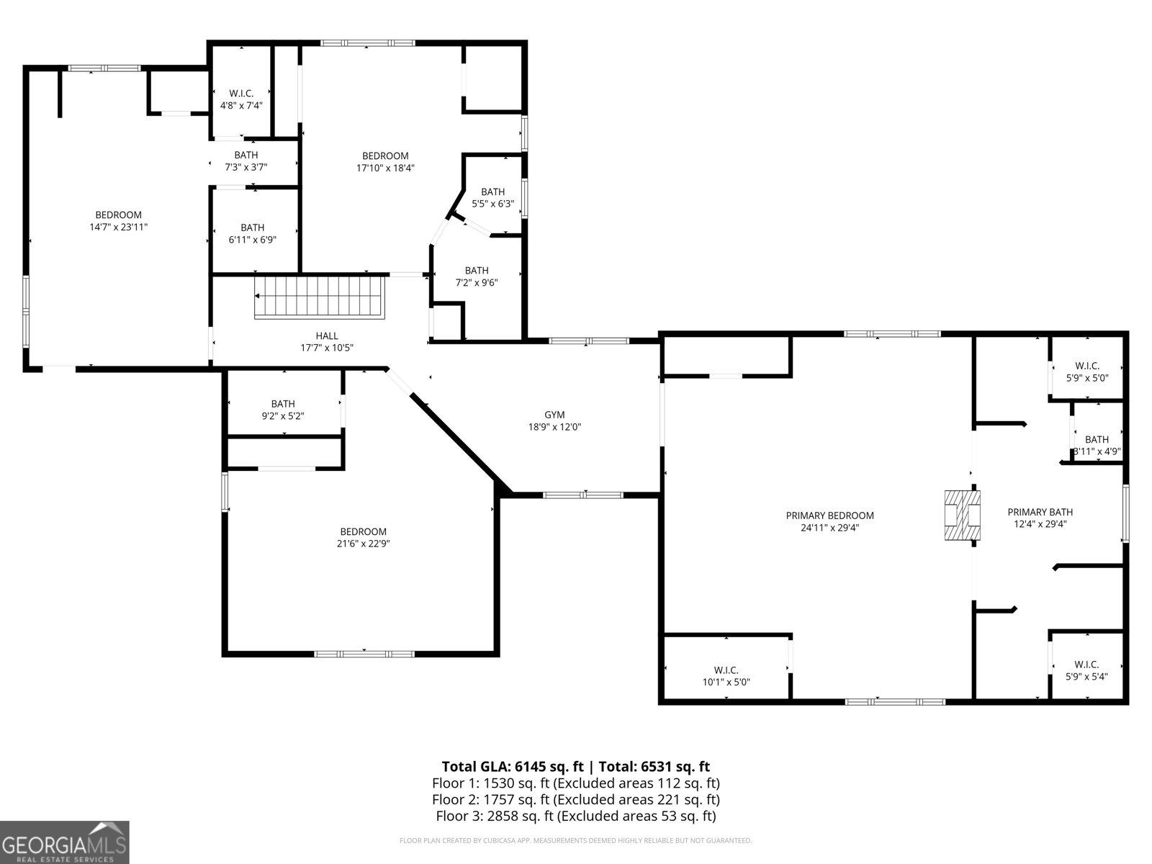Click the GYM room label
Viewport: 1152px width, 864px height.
[554, 415]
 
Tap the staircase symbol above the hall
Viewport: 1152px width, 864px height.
[321, 296]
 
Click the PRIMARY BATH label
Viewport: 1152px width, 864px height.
[1040, 512]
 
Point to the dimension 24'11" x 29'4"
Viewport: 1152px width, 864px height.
[829, 528]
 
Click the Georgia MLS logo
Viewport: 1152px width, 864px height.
[64, 842]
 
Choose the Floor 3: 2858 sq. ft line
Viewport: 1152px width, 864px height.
[575, 816]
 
